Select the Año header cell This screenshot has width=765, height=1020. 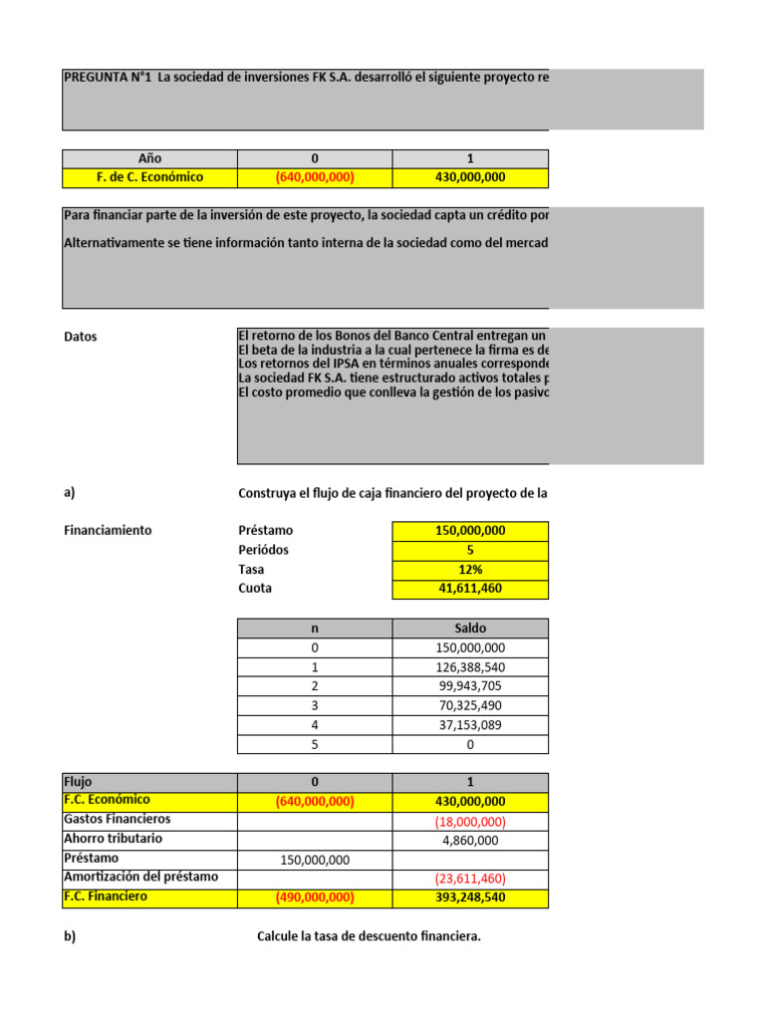click(x=149, y=158)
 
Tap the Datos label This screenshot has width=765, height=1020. click(x=81, y=337)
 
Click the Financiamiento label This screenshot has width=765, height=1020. click(x=108, y=530)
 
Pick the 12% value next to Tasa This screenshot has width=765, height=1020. click(x=470, y=569)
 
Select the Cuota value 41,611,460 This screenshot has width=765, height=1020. click(x=470, y=589)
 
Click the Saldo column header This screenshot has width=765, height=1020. click(x=470, y=629)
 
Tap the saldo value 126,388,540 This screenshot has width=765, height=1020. click(x=470, y=667)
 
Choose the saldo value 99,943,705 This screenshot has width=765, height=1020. click(x=470, y=686)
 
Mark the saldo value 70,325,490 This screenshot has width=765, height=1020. click(x=470, y=706)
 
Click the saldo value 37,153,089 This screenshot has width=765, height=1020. click(x=470, y=725)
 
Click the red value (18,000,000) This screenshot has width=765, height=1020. click(x=470, y=822)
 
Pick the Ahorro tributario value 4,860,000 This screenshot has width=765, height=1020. click(x=470, y=840)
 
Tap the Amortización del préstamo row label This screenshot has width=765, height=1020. click(x=140, y=877)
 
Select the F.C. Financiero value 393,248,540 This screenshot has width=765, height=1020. click(x=470, y=897)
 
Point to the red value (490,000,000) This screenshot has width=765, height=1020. click(x=315, y=897)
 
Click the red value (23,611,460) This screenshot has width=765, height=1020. click(x=470, y=879)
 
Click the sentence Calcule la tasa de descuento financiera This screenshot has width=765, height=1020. click(x=369, y=936)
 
